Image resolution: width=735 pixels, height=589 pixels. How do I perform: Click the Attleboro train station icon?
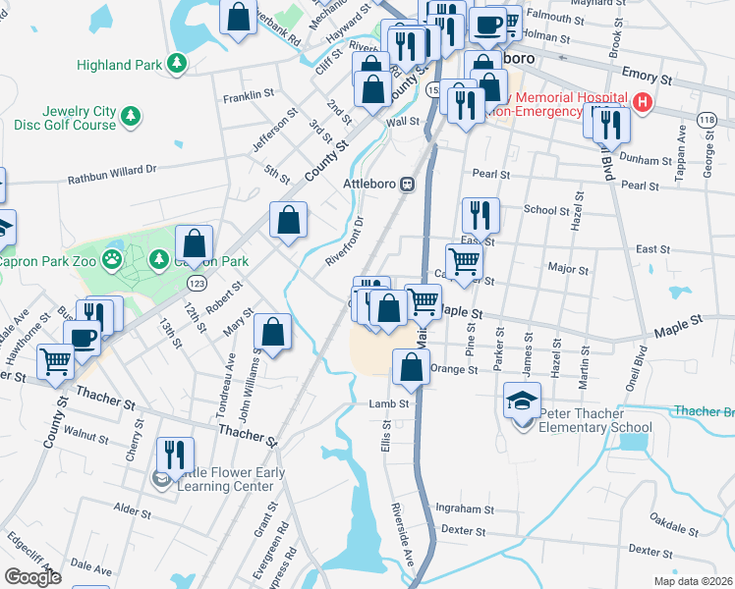point(406,184)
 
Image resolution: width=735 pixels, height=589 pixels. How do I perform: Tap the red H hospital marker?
point(643,101)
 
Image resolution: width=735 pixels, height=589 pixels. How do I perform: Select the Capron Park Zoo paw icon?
point(115,260)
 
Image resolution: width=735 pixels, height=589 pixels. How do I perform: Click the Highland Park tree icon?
point(177,65)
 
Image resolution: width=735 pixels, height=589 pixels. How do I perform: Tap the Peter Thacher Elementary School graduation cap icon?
point(522,402)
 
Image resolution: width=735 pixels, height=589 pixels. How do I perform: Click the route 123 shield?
point(195,282)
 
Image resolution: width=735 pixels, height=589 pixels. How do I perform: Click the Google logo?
point(32,577)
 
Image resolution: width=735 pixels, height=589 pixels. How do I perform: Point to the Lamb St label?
point(388,403)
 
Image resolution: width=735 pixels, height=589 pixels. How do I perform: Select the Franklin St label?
point(248,96)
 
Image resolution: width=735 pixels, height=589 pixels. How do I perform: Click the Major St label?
point(568,268)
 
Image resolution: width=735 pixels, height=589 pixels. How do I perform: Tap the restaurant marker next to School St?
point(481,214)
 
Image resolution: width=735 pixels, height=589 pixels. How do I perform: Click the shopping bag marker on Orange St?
point(411,368)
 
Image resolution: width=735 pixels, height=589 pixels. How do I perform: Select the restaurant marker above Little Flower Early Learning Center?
point(175,454)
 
